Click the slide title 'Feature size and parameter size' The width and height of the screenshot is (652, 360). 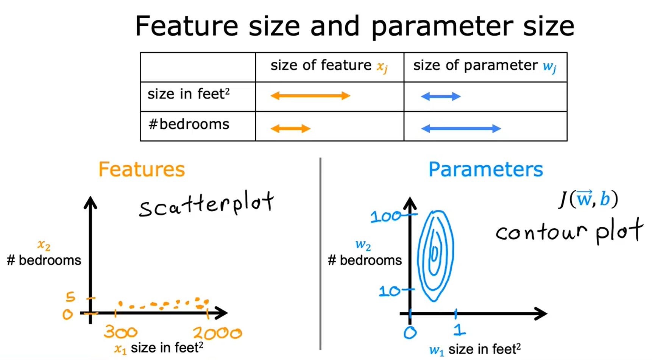(355, 26)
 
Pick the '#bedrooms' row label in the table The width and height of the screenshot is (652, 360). (189, 124)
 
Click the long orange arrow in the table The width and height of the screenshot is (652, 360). (310, 96)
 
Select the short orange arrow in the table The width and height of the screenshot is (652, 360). (290, 129)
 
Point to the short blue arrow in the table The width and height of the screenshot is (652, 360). (441, 97)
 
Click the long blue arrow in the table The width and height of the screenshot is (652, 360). (461, 129)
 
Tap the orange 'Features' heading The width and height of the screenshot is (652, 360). (142, 169)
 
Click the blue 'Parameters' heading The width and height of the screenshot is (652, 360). (485, 169)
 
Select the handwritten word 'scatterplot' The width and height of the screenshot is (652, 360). (206, 204)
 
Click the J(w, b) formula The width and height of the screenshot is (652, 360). (588, 199)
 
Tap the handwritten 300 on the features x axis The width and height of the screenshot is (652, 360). (121, 332)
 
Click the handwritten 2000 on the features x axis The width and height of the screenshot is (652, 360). (217, 333)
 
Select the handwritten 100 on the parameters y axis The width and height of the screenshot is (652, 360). (386, 217)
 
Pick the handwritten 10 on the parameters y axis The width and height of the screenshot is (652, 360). (390, 291)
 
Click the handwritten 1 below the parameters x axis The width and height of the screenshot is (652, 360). (459, 330)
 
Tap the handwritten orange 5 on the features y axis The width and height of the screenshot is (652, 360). (70, 297)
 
